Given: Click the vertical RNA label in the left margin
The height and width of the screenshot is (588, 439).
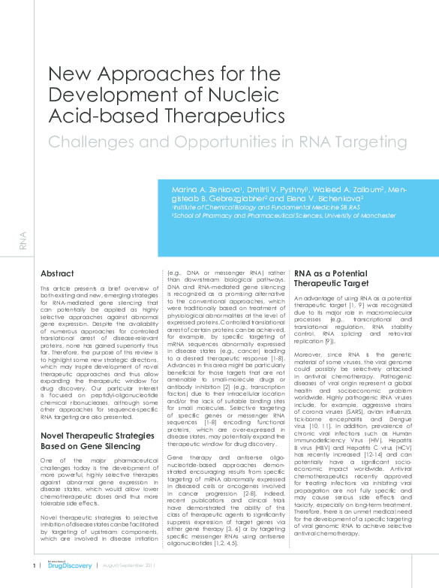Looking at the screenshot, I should click(23, 240).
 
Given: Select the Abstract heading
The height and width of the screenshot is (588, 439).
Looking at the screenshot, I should click(57, 273).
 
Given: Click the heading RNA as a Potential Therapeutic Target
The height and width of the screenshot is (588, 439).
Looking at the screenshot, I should click(330, 279).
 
